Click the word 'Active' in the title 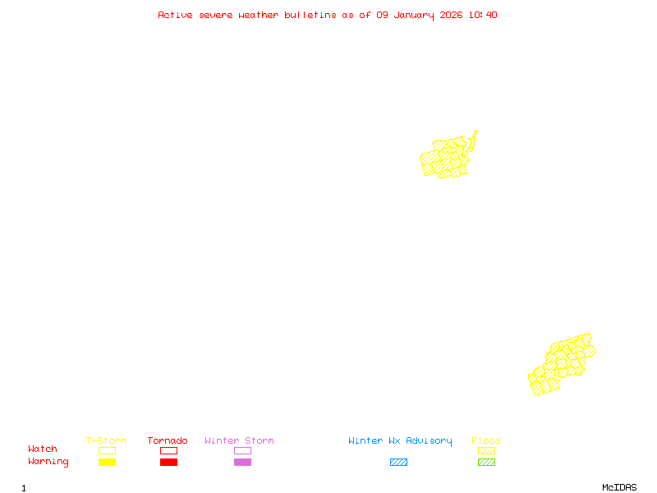tap(176, 15)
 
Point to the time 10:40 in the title tap(483, 15)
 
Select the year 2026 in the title tap(453, 15)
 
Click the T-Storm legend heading tap(106, 440)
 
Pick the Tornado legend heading tap(168, 440)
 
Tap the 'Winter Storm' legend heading tap(239, 440)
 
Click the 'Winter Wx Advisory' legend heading tap(400, 440)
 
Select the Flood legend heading tap(486, 440)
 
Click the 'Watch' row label tap(43, 449)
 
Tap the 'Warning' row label tap(48, 462)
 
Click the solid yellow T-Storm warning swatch tap(107, 462)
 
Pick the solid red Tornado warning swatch tap(168, 462)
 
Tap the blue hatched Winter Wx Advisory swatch tap(398, 462)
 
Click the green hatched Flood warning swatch tap(486, 462)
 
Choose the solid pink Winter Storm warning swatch tap(242, 462)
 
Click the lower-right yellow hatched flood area tap(561, 364)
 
